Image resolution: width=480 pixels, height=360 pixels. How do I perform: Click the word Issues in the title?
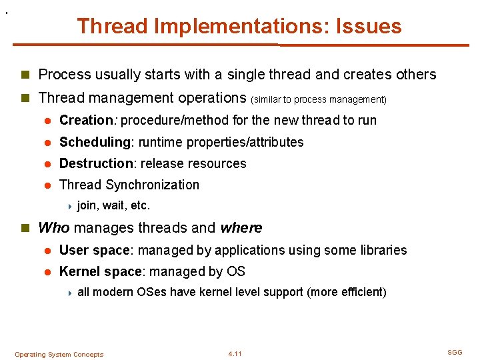[x=369, y=26]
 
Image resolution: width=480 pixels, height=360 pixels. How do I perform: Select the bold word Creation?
[x=86, y=120]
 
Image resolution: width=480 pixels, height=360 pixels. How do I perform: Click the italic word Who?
[x=54, y=228]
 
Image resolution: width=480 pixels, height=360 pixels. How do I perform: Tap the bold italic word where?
[x=241, y=228]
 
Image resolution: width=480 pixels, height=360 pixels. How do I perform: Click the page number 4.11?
[x=235, y=354]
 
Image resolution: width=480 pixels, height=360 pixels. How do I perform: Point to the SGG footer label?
[x=455, y=352]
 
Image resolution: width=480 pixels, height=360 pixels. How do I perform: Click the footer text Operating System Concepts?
[x=59, y=355]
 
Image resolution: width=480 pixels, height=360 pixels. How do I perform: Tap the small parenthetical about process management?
[x=319, y=99]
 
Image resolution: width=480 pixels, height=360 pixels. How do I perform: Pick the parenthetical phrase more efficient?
[x=347, y=292]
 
